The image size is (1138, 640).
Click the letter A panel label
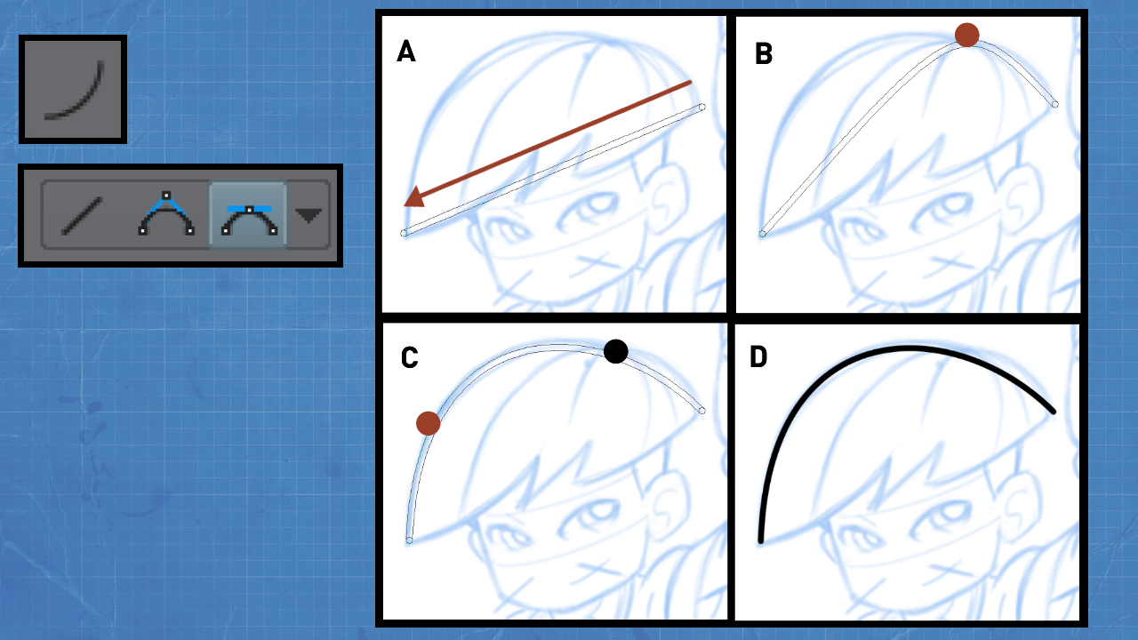[406, 52]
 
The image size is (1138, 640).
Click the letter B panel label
[764, 53]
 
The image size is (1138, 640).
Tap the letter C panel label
[409, 357]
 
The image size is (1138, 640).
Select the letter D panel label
[758, 357]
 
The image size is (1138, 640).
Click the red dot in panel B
[966, 35]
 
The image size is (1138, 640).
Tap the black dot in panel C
[616, 351]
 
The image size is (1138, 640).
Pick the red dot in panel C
[428, 423]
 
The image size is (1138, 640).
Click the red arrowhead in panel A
[414, 197]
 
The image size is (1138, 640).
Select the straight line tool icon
[82, 216]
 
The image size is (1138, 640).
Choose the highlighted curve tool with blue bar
[249, 220]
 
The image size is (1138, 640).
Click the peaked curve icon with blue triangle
[166, 213]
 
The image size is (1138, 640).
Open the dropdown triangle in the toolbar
[309, 215]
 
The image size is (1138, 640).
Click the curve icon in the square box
[74, 91]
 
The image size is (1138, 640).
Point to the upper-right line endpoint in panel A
[701, 108]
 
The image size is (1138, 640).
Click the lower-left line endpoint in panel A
[404, 233]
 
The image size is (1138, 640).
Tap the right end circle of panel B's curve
[1054, 105]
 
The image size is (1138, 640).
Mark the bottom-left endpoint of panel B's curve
[763, 234]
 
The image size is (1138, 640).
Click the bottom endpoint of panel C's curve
[409, 540]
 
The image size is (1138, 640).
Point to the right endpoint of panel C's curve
[701, 411]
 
